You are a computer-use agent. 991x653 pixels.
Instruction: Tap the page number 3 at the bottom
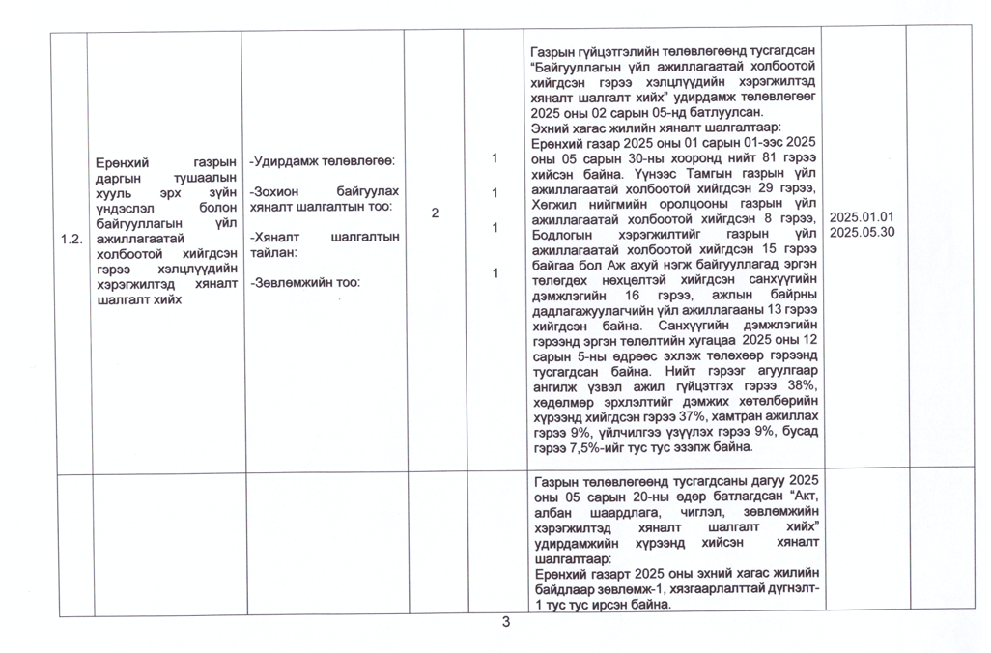[505, 621]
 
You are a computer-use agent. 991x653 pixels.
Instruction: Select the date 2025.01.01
[862, 217]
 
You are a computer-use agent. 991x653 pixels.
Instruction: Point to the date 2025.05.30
[862, 232]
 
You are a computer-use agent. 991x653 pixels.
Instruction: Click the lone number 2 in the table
[435, 213]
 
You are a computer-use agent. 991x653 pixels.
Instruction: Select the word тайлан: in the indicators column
[272, 251]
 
